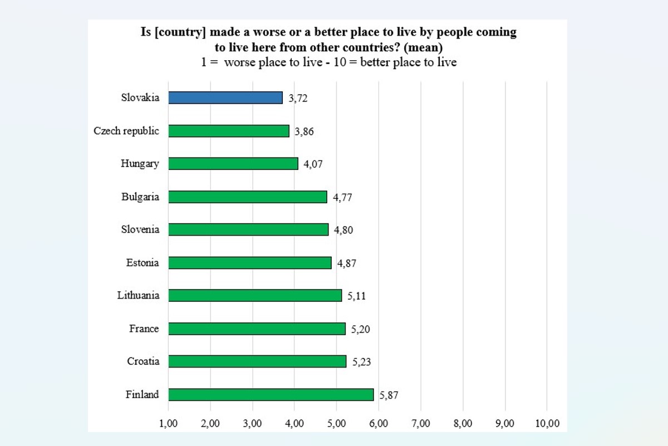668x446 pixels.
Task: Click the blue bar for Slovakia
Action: point(225,98)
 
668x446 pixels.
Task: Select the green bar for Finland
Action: point(271,394)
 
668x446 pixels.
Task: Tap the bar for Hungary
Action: point(233,164)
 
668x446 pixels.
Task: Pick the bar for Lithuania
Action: point(255,295)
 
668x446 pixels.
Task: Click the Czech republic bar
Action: point(229,131)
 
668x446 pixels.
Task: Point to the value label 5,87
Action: point(389,395)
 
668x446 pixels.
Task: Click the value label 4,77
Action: point(342,198)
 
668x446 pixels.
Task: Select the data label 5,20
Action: point(360,329)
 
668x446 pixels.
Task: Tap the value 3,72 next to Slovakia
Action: point(298,99)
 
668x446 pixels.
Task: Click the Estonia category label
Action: point(143,262)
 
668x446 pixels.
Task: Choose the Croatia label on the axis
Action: point(143,361)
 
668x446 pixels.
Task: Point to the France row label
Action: point(144,329)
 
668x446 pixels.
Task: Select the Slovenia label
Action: point(140,229)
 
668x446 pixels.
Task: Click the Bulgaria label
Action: point(140,197)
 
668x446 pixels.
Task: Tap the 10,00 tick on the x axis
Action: point(547,423)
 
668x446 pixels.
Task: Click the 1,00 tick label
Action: point(169,423)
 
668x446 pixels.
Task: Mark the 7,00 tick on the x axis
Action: point(421,423)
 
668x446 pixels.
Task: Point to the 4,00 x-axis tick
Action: point(294,423)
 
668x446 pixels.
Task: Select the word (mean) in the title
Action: point(426,47)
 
